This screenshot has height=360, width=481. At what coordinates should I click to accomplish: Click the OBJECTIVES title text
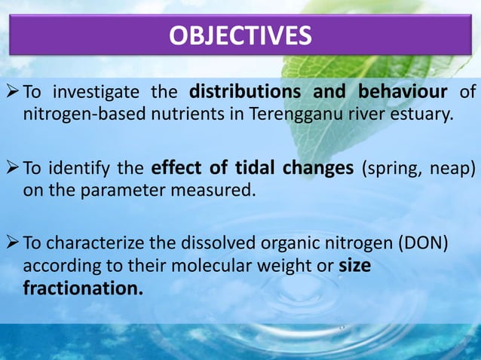pos(240,35)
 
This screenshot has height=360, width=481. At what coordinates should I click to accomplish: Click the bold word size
pos(354,266)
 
